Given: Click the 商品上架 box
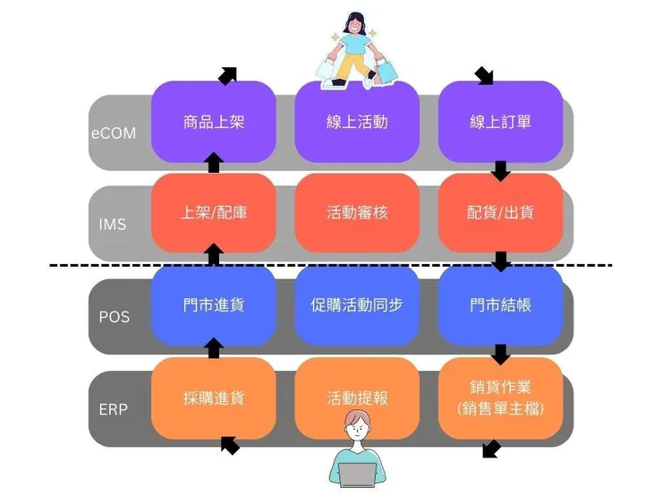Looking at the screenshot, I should coord(213,122).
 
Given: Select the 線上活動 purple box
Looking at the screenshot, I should coord(357,122).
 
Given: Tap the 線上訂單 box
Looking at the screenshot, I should coord(500,122).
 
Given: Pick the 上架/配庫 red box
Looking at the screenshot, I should coord(213,213).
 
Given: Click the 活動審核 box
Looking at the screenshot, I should coord(357,213).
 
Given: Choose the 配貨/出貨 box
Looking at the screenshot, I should coord(500,213).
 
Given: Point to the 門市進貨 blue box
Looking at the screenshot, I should coord(213,305).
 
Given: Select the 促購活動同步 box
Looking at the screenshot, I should coord(357,305).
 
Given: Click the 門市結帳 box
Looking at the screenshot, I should coord(500,305).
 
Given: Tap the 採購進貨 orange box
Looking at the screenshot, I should coord(213,398).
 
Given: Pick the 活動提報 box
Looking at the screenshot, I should coord(357,398).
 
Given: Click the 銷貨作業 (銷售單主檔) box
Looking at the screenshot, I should coord(500,398).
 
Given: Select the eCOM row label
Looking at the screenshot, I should coord(114,133).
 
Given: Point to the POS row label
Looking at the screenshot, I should coord(114,317).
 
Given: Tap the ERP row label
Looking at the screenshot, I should coord(113,409).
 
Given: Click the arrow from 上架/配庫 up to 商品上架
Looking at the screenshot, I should coord(213,163).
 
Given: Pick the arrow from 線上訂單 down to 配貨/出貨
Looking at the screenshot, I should coord(501,169).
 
